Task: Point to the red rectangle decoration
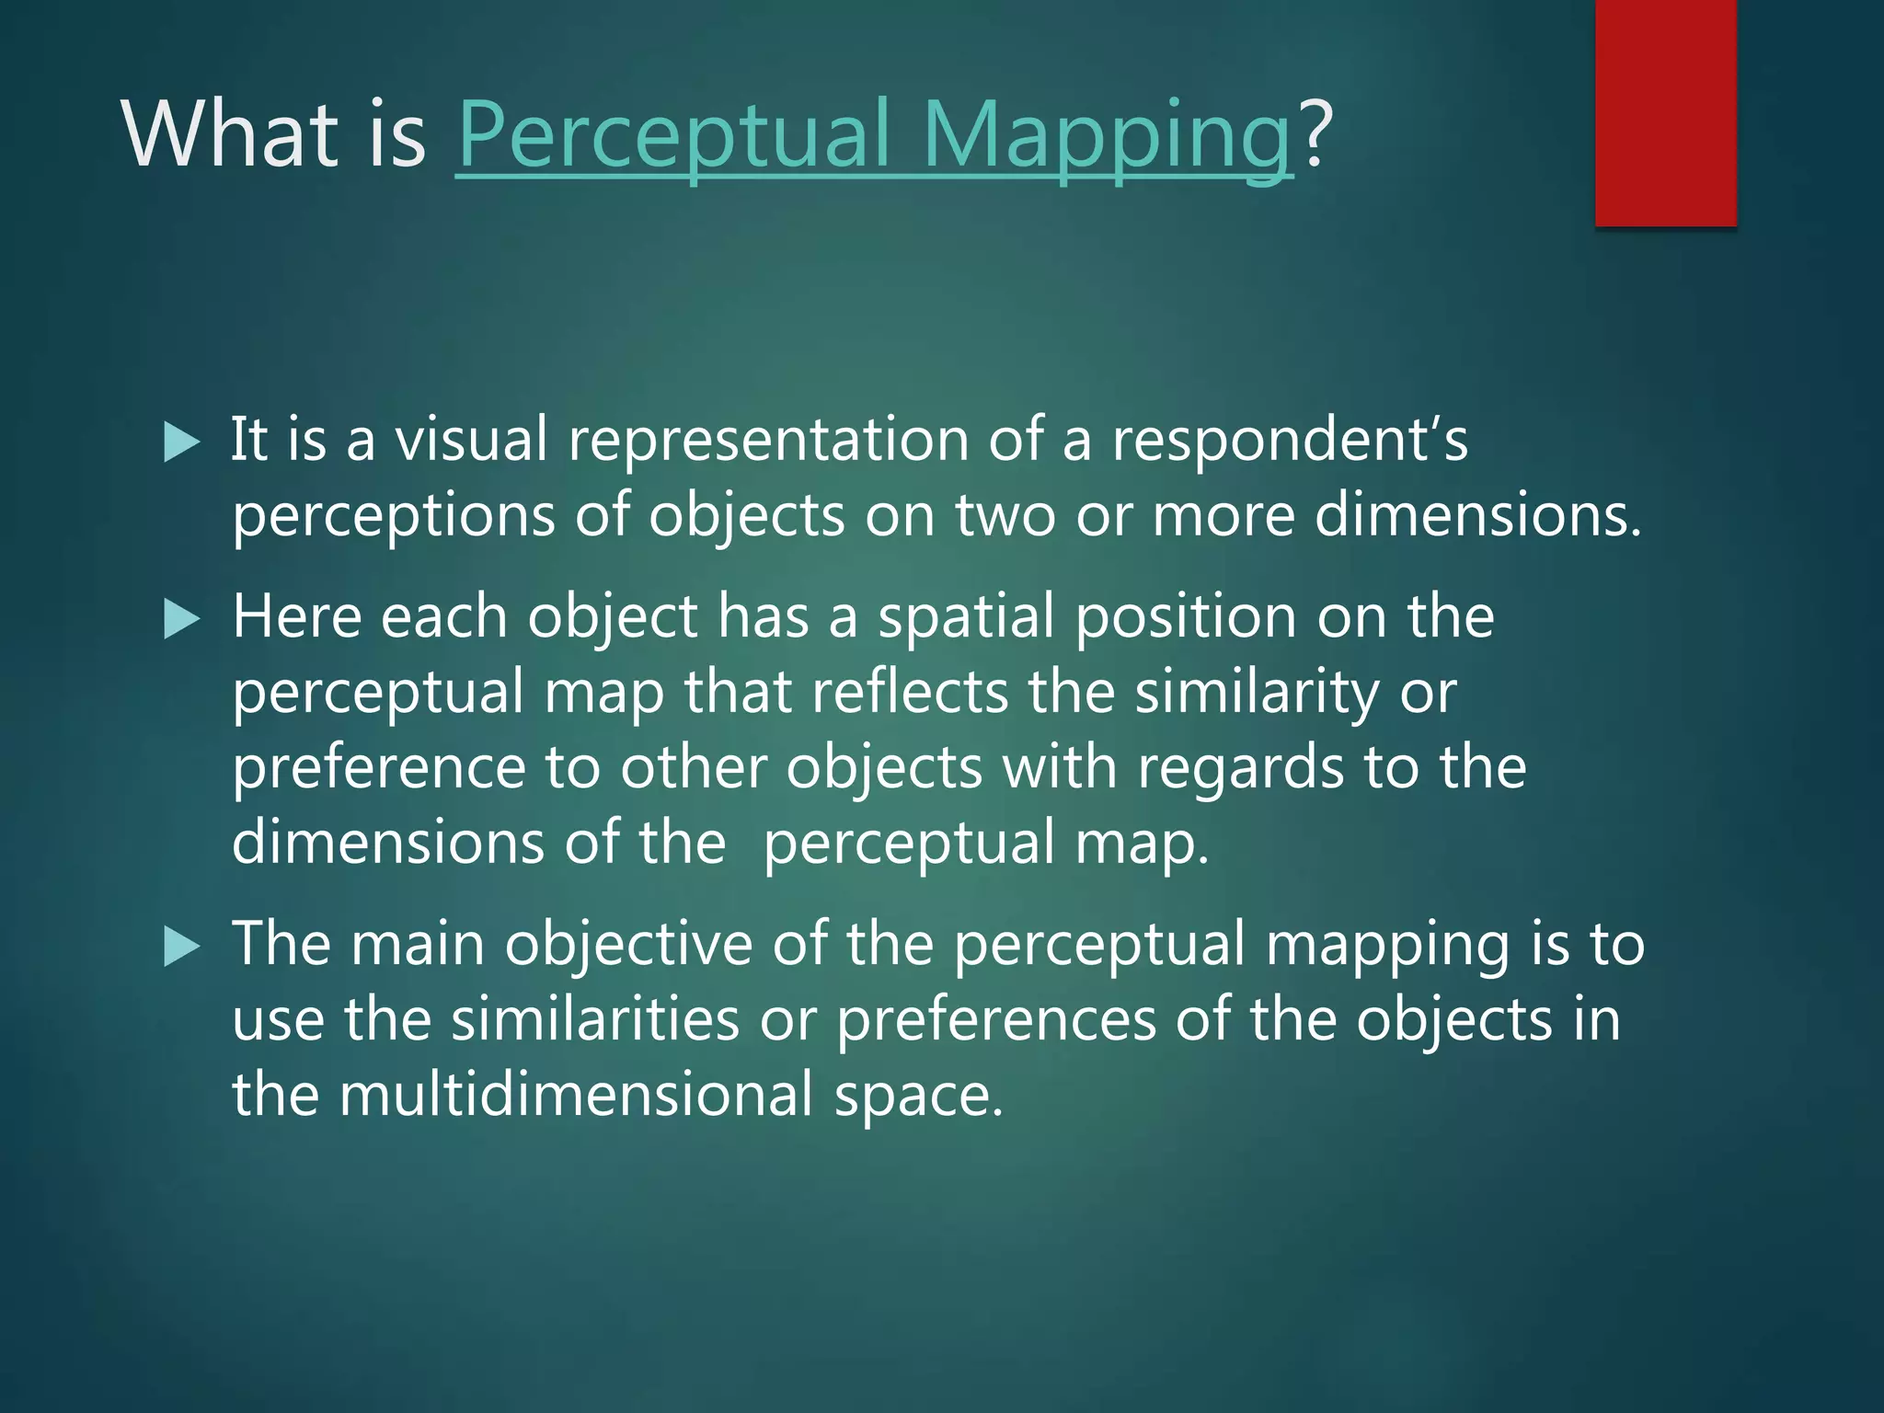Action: pos(1665,112)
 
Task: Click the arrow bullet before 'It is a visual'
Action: pos(181,442)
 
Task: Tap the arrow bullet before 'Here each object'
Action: pos(181,619)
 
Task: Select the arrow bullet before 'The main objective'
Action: pos(181,947)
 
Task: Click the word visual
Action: pos(471,439)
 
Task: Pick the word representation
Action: pos(768,439)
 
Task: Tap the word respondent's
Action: pos(1289,439)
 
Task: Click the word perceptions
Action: pos(394,515)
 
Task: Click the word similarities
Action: pos(595,1020)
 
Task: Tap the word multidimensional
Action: pos(576,1096)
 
